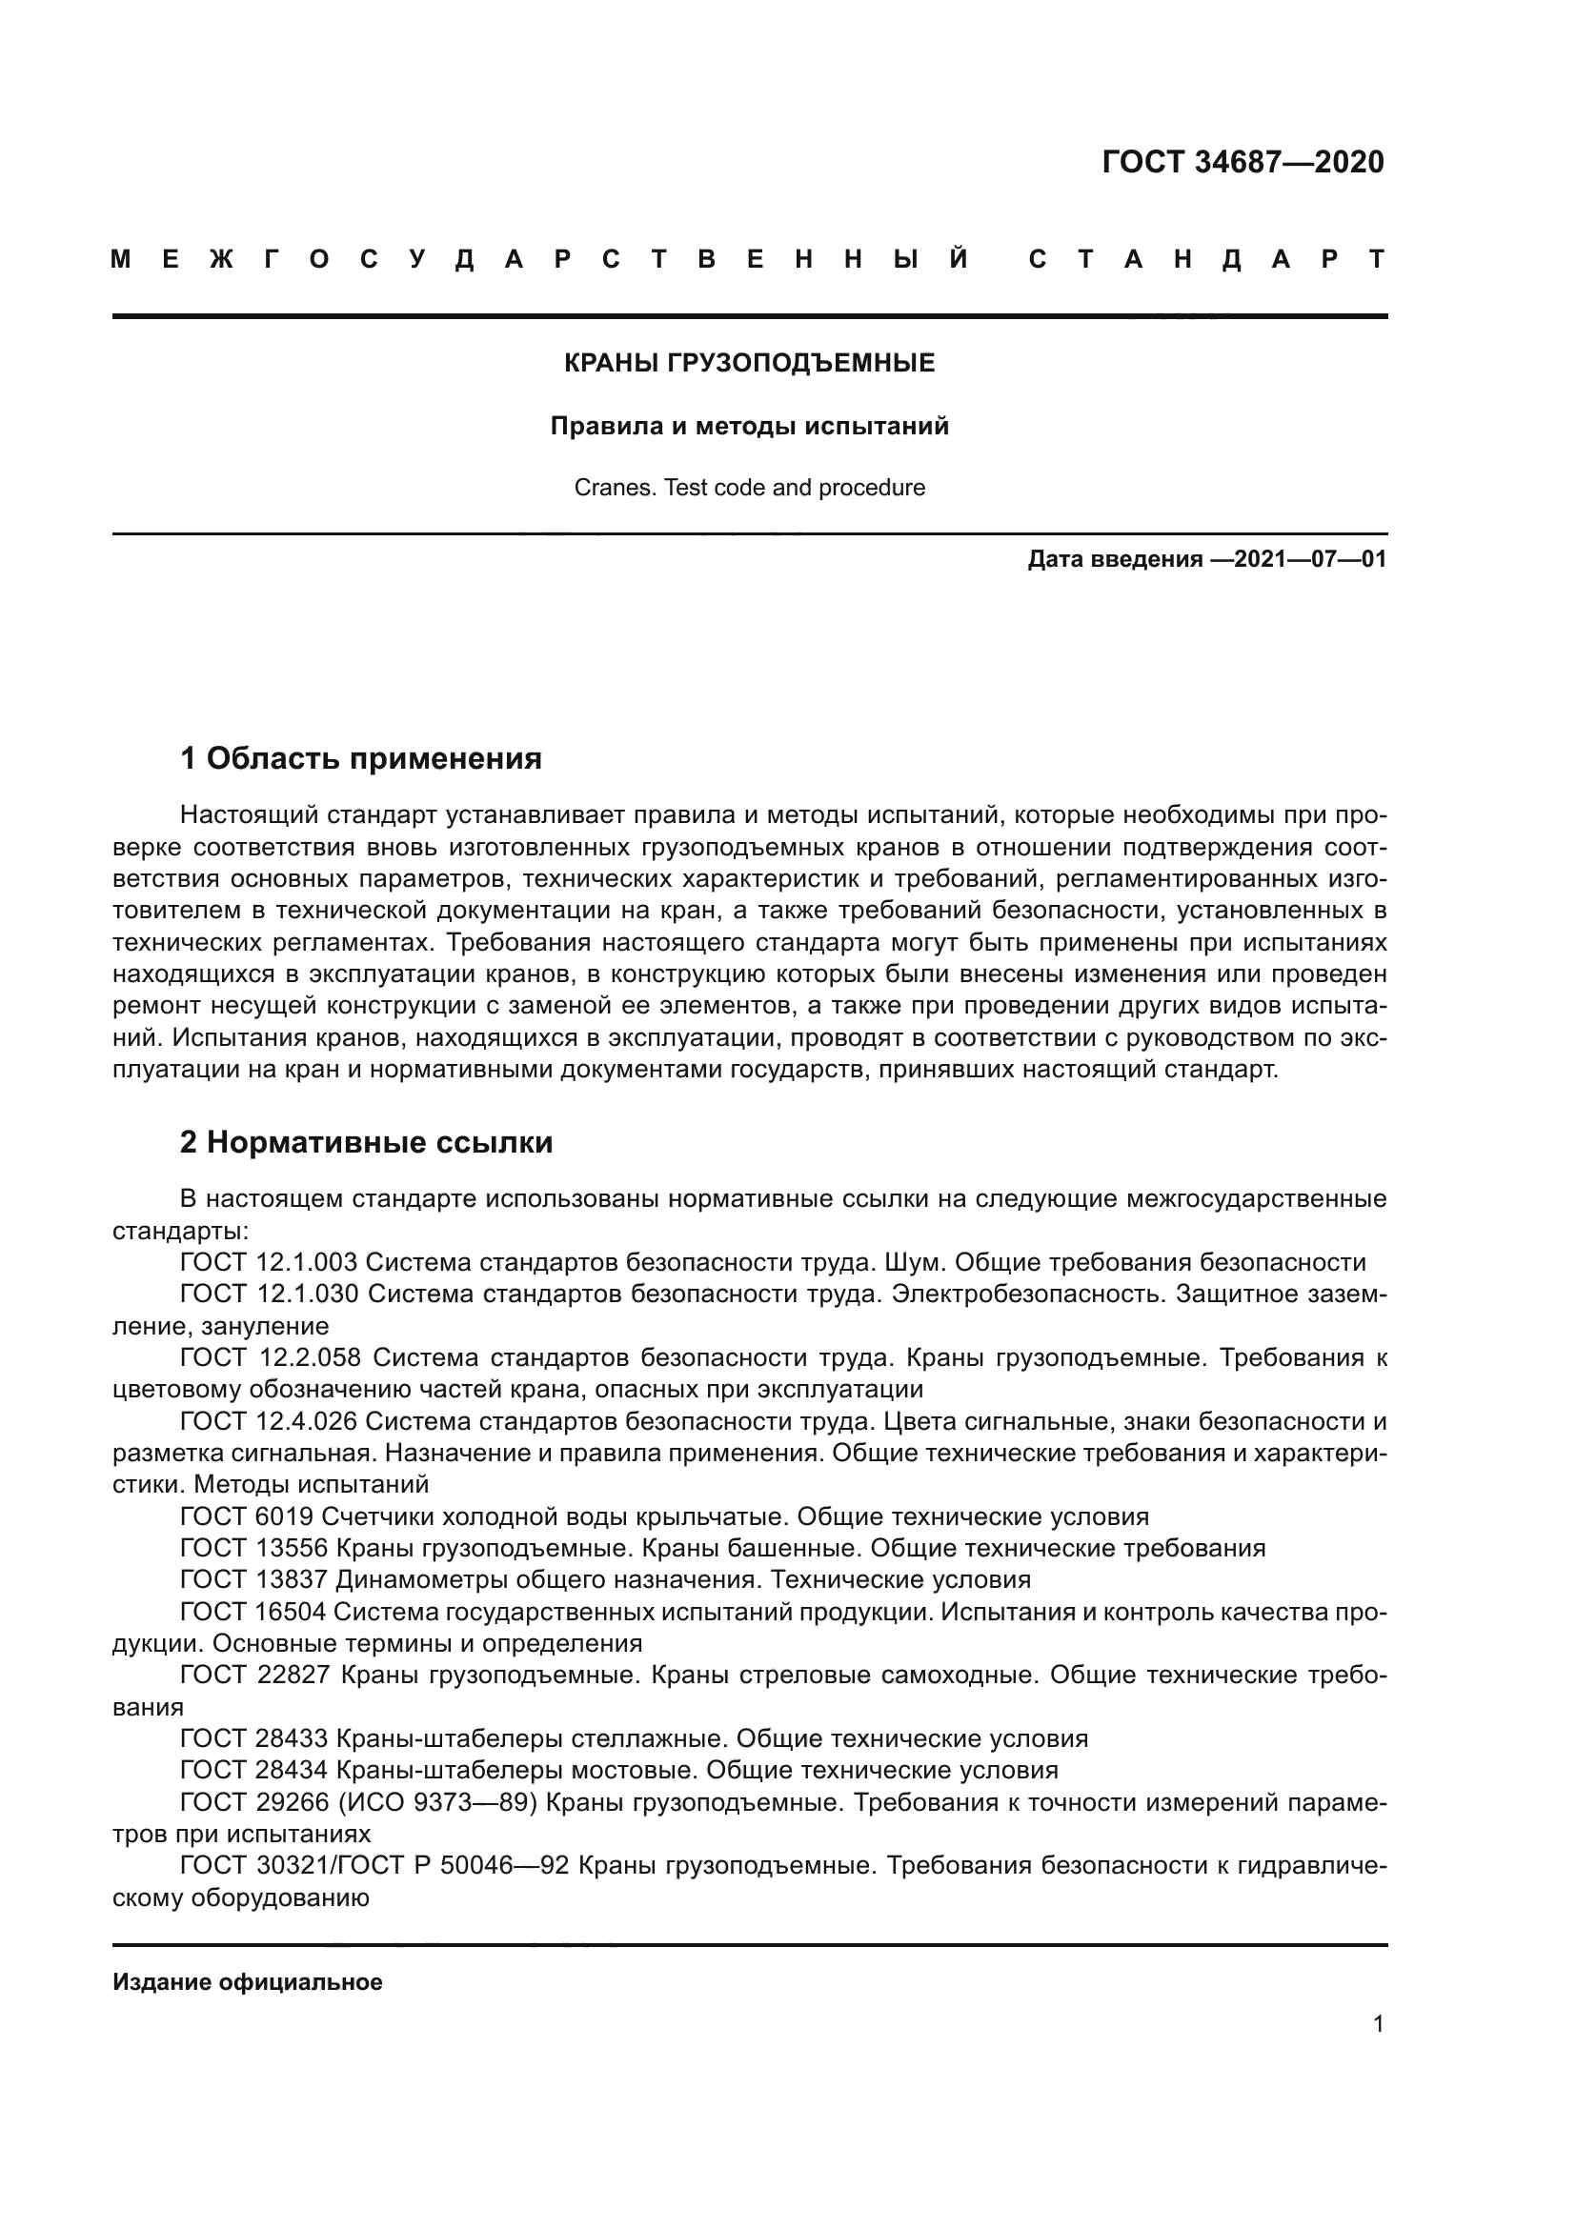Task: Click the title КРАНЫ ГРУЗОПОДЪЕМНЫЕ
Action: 749,363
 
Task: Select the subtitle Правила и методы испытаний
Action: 749,426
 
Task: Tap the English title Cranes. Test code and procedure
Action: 749,487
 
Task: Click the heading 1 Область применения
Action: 360,758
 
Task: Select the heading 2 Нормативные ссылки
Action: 366,1142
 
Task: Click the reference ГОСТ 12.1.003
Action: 269,1262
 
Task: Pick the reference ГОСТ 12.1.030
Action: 269,1294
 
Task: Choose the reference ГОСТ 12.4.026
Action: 269,1421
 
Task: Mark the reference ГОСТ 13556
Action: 253,1548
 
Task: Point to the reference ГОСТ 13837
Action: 253,1578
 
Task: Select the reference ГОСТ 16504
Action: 253,1612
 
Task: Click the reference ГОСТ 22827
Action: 255,1675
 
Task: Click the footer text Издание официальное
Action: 248,1981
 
